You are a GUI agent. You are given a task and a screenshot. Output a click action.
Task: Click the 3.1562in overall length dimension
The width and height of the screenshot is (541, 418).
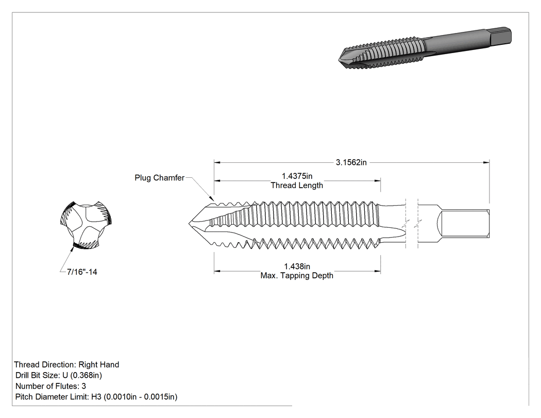click(351, 162)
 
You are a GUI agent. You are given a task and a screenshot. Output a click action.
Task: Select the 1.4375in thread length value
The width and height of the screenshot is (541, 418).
click(297, 176)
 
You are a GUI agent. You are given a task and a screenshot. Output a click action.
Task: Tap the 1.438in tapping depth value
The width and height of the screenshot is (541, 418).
click(297, 266)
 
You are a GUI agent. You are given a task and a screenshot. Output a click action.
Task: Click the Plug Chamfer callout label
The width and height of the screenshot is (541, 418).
click(159, 178)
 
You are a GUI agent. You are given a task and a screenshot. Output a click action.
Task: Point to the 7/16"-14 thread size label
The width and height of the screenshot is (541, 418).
click(82, 272)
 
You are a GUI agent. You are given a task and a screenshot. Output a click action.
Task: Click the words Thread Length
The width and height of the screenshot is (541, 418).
click(297, 186)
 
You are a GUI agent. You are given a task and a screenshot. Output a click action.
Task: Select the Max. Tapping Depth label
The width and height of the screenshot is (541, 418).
click(297, 275)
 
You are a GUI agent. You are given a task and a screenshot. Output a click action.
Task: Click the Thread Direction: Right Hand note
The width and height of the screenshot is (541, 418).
click(66, 364)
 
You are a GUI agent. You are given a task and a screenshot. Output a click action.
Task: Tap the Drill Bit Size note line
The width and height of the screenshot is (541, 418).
click(59, 375)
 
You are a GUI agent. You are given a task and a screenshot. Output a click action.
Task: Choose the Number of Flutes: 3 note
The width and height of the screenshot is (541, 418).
click(50, 386)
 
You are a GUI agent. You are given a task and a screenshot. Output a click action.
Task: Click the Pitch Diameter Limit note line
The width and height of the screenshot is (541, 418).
click(96, 397)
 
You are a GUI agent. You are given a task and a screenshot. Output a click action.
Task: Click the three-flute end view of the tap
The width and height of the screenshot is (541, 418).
click(86, 225)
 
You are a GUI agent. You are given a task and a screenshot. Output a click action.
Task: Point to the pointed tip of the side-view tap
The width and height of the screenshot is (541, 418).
click(189, 223)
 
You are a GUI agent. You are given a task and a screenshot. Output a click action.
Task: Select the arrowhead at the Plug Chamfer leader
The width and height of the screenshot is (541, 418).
click(211, 198)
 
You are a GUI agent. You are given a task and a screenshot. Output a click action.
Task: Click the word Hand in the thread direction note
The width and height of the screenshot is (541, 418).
click(110, 364)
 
